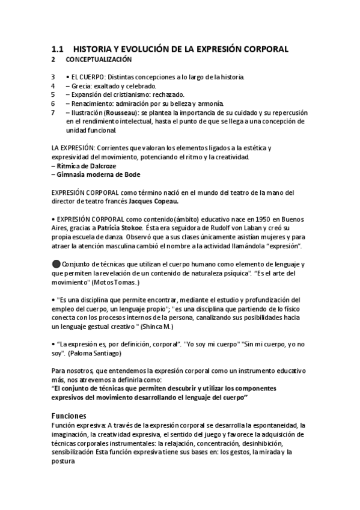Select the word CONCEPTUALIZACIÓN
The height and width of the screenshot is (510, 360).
pyautogui.click(x=99, y=60)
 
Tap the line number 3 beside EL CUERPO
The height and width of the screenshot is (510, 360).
pyautogui.click(x=53, y=78)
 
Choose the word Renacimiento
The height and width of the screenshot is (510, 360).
pyautogui.click(x=93, y=103)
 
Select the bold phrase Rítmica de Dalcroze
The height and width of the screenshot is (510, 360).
pyautogui.click(x=85, y=165)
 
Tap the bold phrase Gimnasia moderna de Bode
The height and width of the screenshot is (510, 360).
pyautogui.click(x=98, y=174)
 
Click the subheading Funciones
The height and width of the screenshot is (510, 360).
pyautogui.click(x=69, y=416)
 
